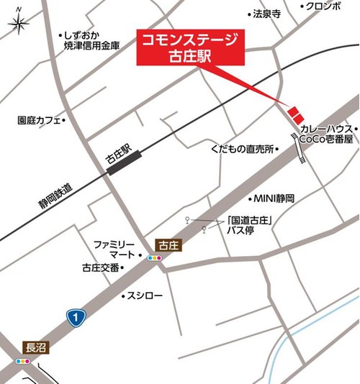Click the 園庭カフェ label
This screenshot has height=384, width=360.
pos(39,121)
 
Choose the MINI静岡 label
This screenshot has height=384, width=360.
pos(274,198)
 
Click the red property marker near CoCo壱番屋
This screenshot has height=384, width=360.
pos(294,114)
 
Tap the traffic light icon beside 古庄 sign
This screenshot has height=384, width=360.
pos(154,257)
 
